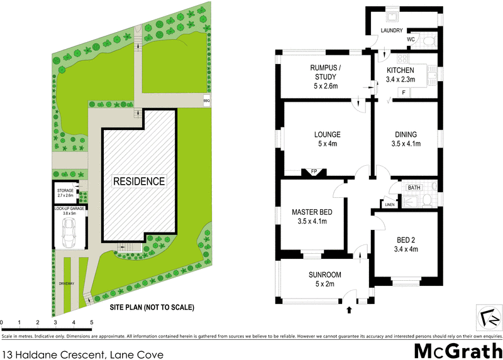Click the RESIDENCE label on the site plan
point(139,182)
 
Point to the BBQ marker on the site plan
point(206,101)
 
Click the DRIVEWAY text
point(67,284)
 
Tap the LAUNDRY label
point(391,30)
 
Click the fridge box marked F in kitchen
point(404,93)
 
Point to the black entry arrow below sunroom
point(350,309)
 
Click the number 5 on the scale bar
point(92,323)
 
